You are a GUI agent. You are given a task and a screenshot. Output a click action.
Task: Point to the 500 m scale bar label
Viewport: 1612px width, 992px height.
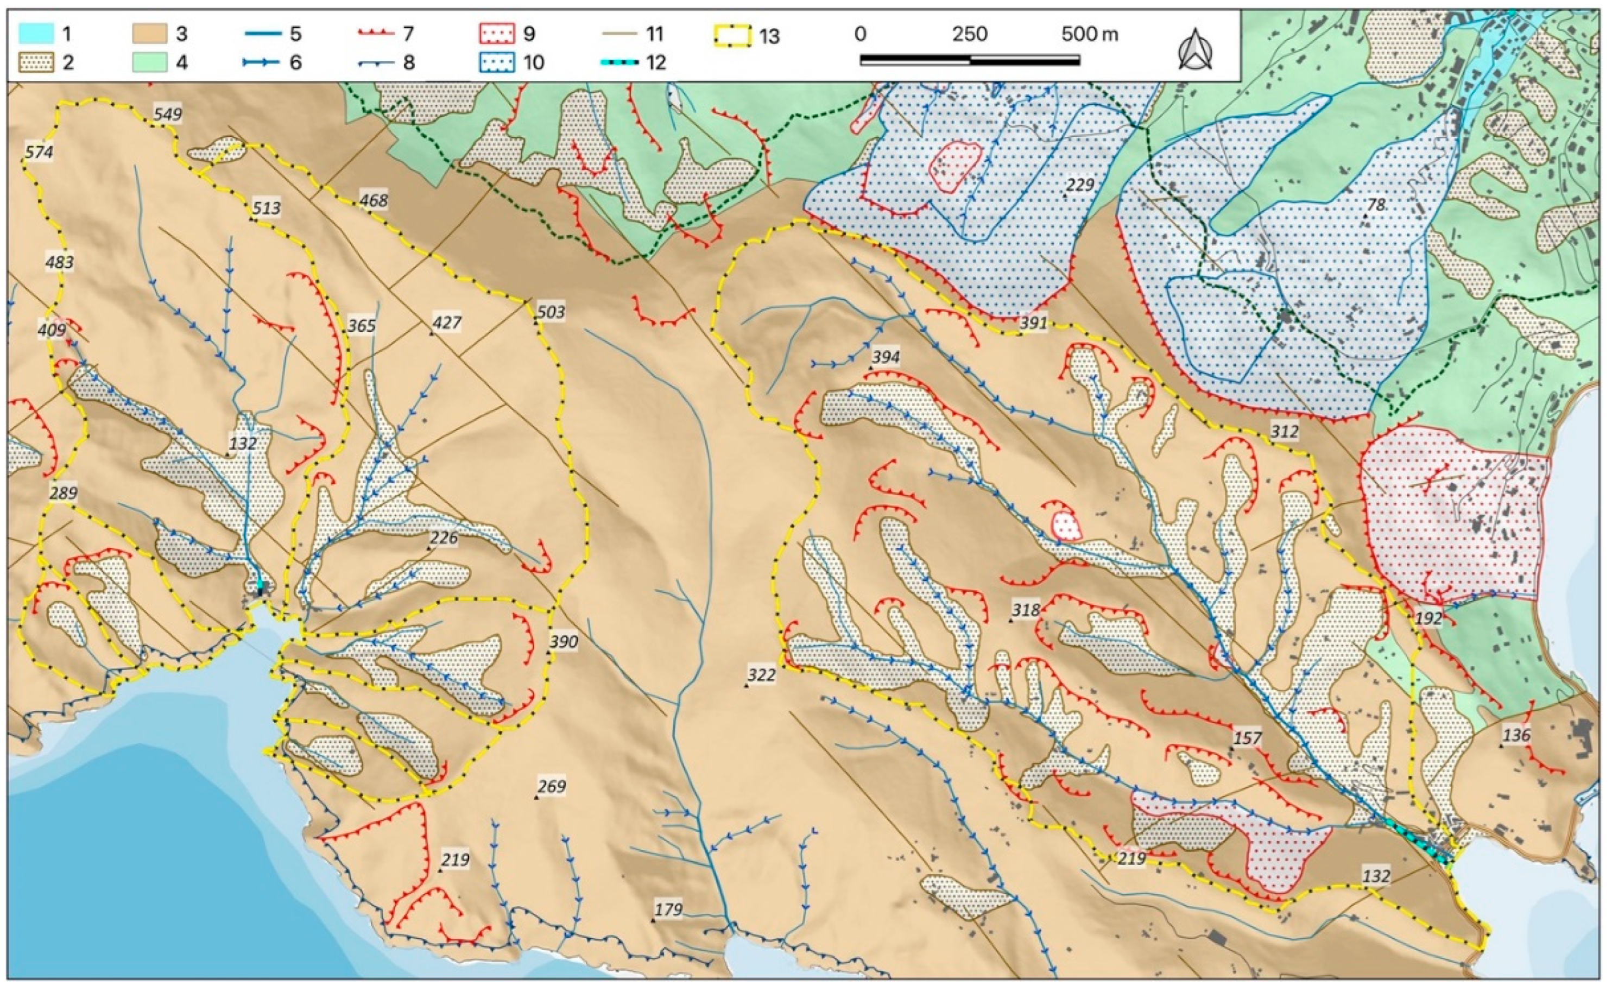(1090, 34)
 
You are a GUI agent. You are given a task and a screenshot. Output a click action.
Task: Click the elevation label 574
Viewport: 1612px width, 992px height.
(39, 152)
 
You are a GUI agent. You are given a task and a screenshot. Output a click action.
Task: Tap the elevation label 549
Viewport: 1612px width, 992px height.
(167, 114)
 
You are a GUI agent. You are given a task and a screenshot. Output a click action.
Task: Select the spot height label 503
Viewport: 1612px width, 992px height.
(551, 312)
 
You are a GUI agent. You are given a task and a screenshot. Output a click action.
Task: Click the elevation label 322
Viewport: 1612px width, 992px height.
(762, 675)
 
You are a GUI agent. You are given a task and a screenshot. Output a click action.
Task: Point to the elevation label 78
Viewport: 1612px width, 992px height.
(1375, 205)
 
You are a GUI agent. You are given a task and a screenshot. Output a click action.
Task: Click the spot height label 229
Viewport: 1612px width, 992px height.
(1079, 185)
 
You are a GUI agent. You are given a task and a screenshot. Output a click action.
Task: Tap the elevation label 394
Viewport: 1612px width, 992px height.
(885, 358)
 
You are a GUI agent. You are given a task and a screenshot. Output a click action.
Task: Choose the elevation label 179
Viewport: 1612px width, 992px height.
(668, 909)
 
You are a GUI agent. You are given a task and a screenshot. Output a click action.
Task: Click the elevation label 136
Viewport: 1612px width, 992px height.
(1516, 736)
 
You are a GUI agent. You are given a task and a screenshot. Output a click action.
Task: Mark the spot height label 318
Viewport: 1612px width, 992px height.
(1026, 610)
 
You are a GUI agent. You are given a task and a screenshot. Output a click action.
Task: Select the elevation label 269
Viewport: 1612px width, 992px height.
(551, 786)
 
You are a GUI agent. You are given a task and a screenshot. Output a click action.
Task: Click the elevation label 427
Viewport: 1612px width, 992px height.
(446, 323)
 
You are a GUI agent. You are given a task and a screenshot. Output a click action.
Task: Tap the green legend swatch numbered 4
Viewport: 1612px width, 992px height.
(151, 62)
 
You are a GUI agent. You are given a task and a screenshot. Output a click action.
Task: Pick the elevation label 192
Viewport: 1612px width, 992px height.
(1428, 618)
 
